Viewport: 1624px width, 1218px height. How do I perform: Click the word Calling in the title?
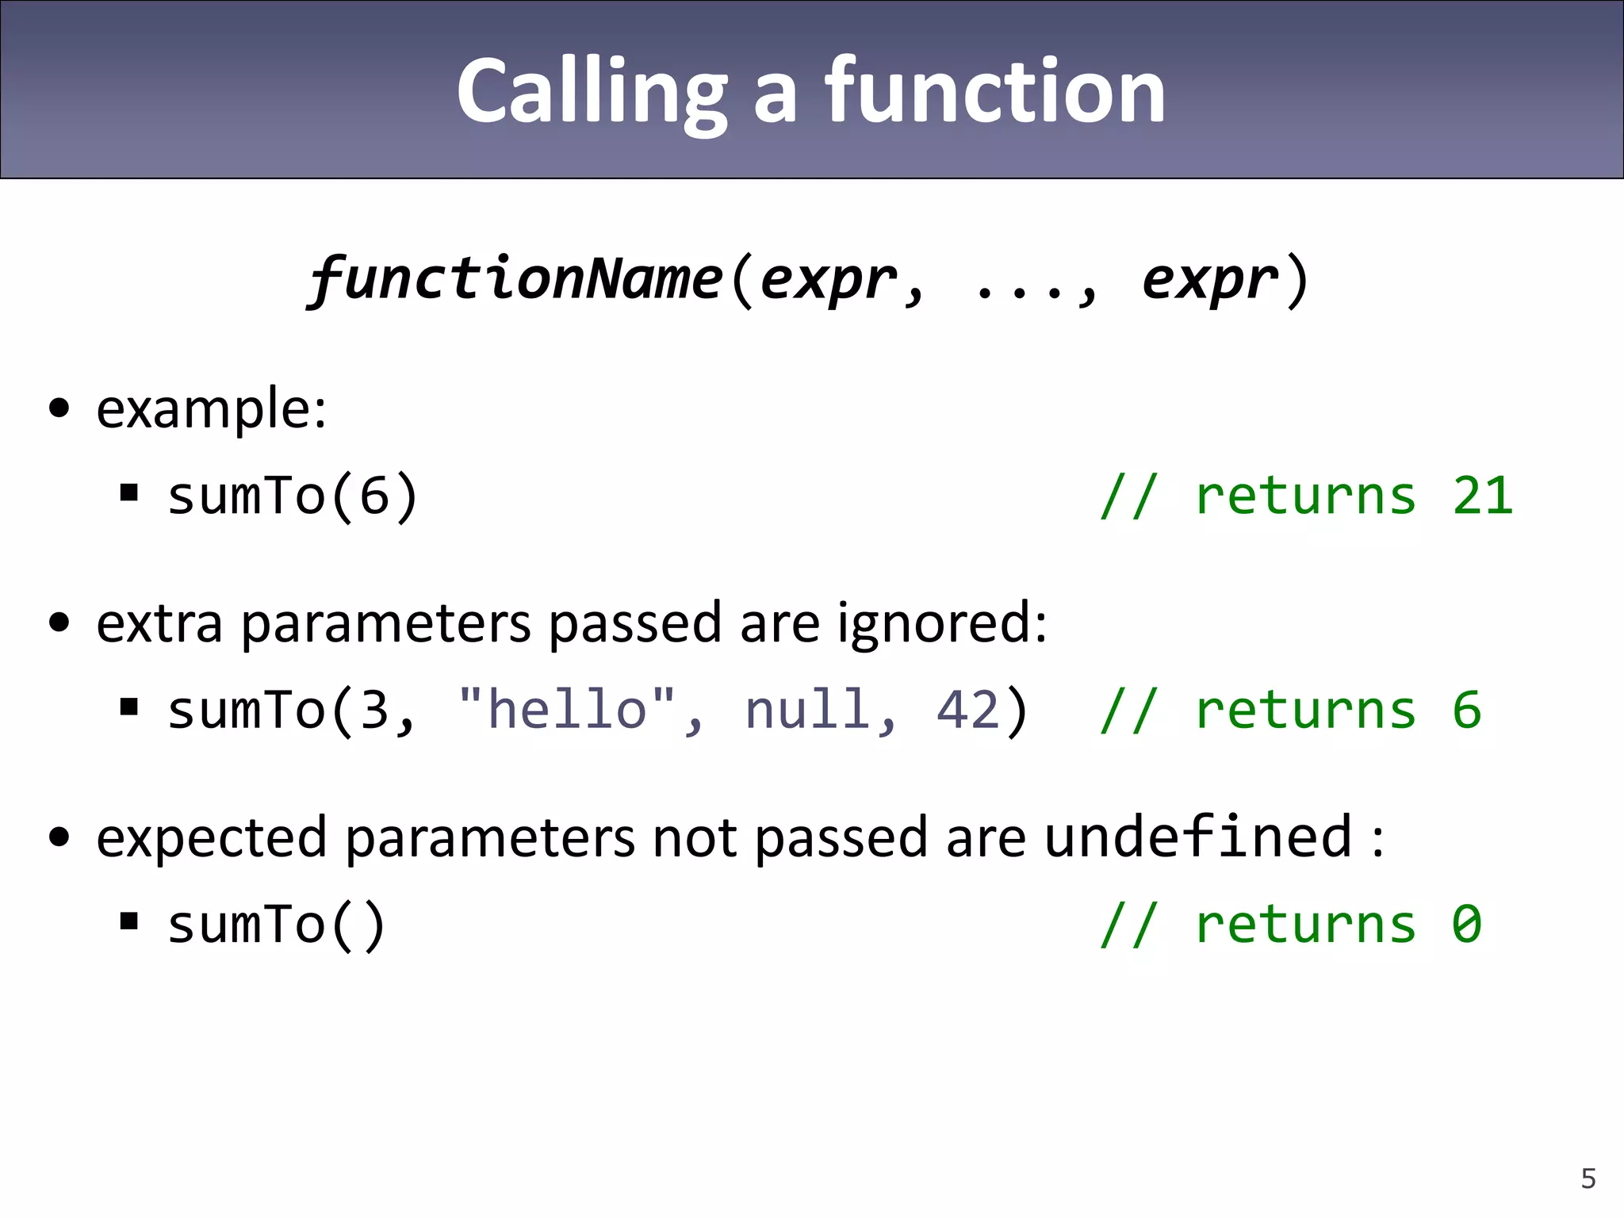coord(591,93)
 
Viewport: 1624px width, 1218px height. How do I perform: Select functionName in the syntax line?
coord(515,279)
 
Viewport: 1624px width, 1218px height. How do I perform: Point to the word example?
coord(211,410)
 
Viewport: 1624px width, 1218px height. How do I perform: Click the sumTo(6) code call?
coord(292,496)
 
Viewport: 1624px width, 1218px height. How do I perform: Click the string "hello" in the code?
coord(567,709)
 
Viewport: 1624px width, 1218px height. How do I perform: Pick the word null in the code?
coord(807,709)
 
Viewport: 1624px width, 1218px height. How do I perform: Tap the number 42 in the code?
coord(968,709)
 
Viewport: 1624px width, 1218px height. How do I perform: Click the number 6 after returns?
coord(1466,709)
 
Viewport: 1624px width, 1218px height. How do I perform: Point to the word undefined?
coord(1198,837)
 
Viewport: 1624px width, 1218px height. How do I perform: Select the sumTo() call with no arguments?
coord(276,925)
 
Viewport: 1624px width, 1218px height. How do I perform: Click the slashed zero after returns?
coord(1466,925)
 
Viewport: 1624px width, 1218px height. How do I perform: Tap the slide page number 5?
coord(1588,1178)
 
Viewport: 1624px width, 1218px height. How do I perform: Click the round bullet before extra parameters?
coord(59,623)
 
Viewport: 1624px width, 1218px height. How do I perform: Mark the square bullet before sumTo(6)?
coord(129,493)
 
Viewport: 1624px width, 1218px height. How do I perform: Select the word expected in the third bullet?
coord(211,838)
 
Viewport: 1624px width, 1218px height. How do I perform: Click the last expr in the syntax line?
coord(1209,279)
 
